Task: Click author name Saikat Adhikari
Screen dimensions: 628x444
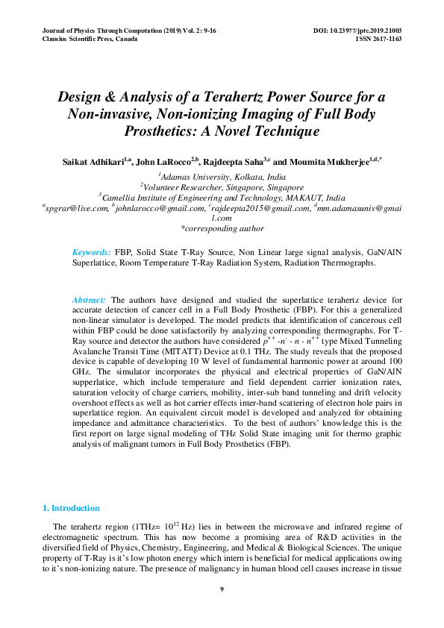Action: click(x=93, y=161)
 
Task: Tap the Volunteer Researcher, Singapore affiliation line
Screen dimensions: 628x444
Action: click(x=222, y=186)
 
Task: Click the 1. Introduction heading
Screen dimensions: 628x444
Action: click(x=71, y=508)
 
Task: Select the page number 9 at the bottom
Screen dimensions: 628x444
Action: click(x=222, y=590)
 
